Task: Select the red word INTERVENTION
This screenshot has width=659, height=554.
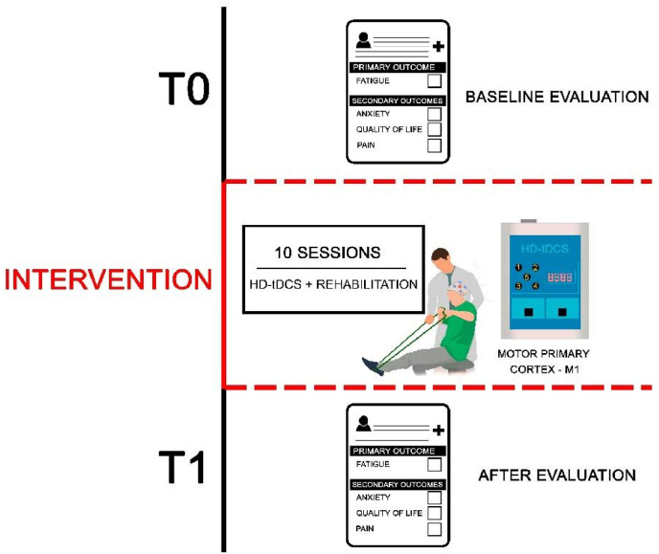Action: point(107,280)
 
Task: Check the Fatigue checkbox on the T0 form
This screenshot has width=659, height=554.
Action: point(434,82)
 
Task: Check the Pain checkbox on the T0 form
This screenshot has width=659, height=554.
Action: point(434,146)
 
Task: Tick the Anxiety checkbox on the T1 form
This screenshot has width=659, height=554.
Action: point(434,497)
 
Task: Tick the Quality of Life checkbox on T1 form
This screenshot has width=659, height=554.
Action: point(434,513)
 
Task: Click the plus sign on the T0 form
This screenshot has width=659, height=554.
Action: point(438,45)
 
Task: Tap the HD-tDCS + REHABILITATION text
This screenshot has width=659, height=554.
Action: point(332,283)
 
